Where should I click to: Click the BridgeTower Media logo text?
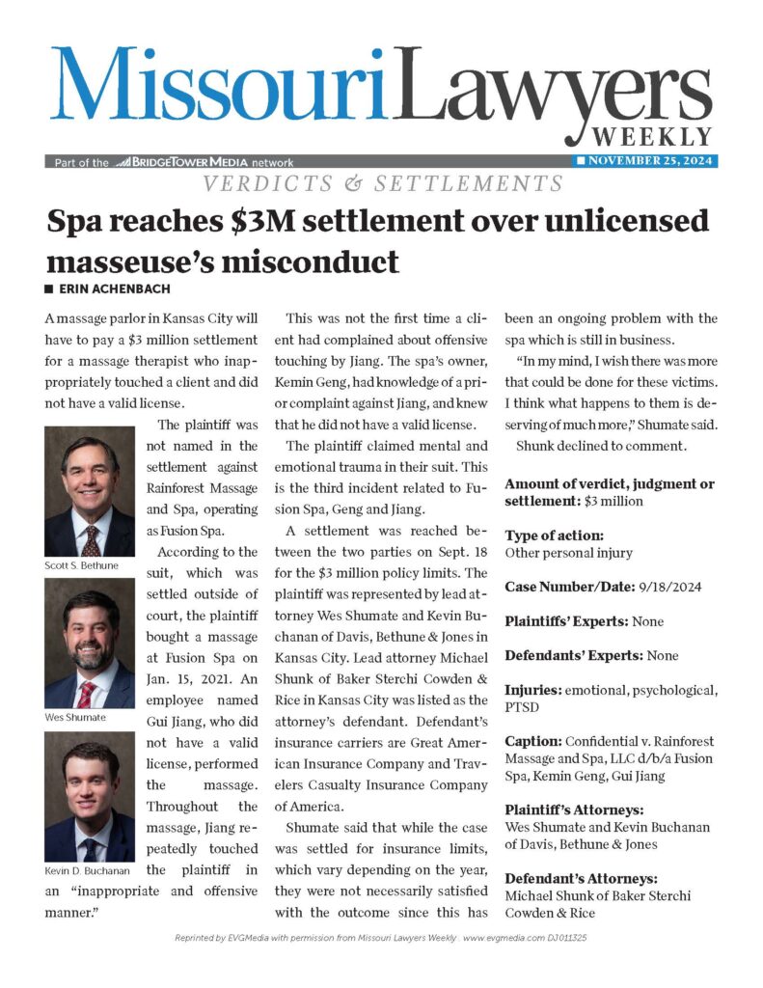point(204,163)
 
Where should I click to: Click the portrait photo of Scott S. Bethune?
point(90,491)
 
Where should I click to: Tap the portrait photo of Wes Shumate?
point(90,644)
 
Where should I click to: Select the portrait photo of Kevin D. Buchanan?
point(90,796)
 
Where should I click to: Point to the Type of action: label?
point(555,535)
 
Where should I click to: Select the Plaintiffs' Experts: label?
point(567,621)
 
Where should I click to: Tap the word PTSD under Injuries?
point(524,708)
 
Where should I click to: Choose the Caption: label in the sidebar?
point(536,741)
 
